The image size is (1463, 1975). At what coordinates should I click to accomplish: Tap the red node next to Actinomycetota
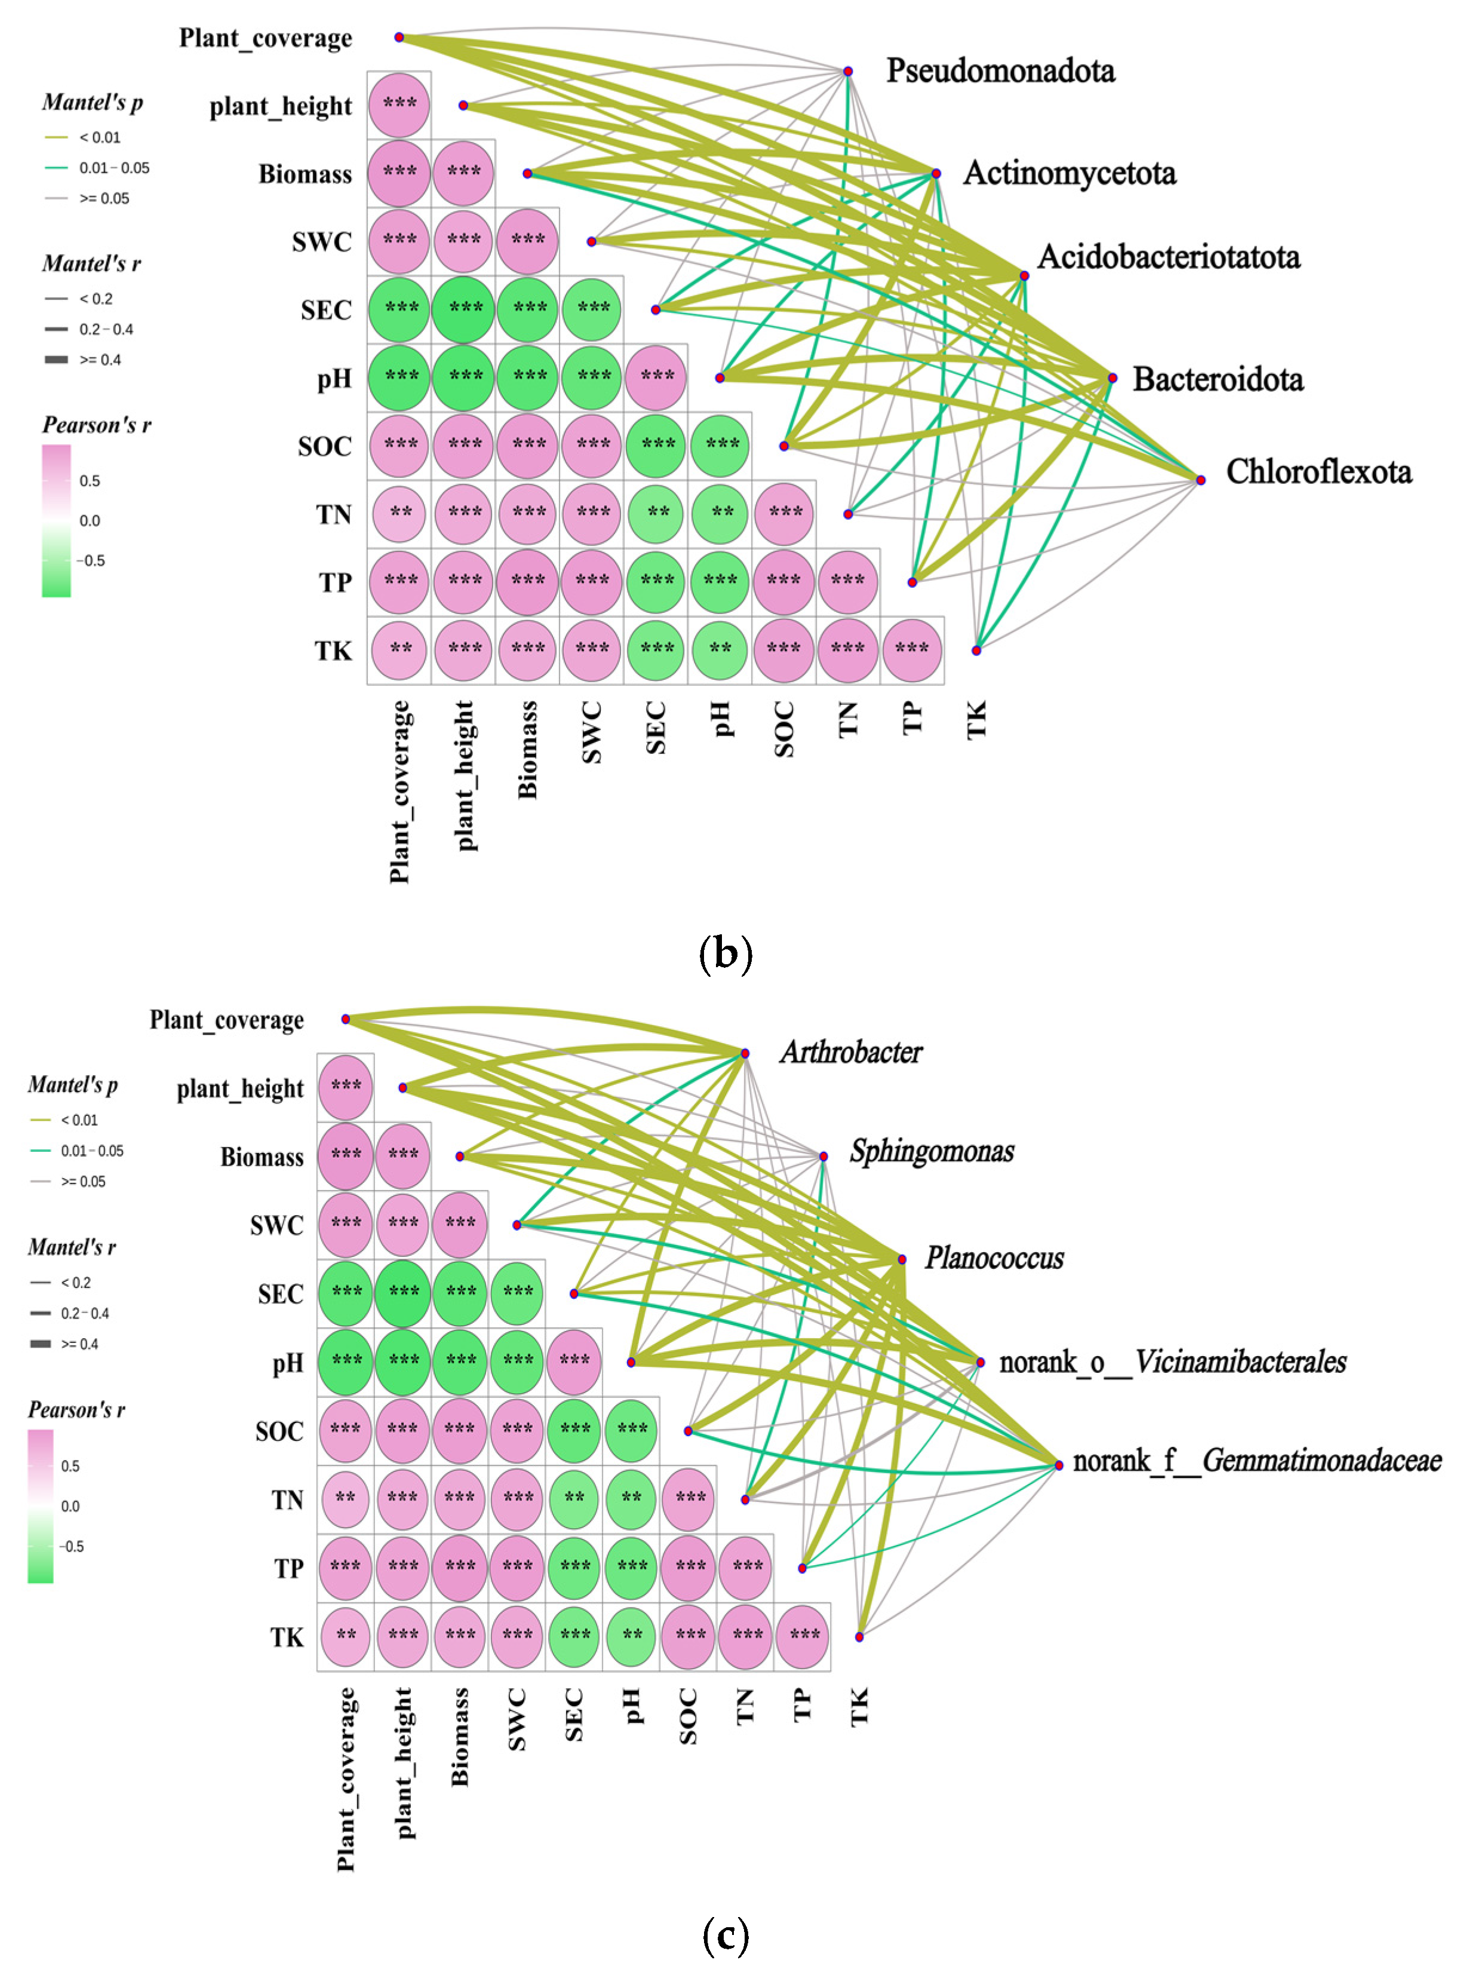[x=936, y=174]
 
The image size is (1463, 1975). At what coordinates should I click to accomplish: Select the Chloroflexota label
[x=1318, y=473]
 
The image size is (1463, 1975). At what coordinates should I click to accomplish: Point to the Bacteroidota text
[x=1218, y=379]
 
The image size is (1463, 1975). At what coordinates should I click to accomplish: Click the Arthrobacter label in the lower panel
[x=851, y=1052]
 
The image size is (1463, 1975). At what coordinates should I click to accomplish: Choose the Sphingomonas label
[x=932, y=1151]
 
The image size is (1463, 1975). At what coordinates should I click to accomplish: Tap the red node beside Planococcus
[x=902, y=1259]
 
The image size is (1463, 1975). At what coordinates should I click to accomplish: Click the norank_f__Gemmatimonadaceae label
[x=1256, y=1460]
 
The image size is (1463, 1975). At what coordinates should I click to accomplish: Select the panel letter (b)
[x=726, y=953]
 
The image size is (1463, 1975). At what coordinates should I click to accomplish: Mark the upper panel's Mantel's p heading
[x=92, y=103]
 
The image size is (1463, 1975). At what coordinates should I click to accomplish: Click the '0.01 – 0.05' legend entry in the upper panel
[x=114, y=167]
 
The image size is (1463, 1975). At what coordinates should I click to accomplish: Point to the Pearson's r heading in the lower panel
[x=76, y=1410]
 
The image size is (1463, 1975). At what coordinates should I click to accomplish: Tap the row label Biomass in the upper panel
[x=305, y=174]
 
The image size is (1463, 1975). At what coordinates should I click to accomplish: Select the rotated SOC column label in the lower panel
[x=687, y=1716]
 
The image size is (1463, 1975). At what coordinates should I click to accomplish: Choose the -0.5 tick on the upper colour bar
[x=91, y=560]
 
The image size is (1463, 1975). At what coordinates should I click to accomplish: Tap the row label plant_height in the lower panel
[x=240, y=1089]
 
